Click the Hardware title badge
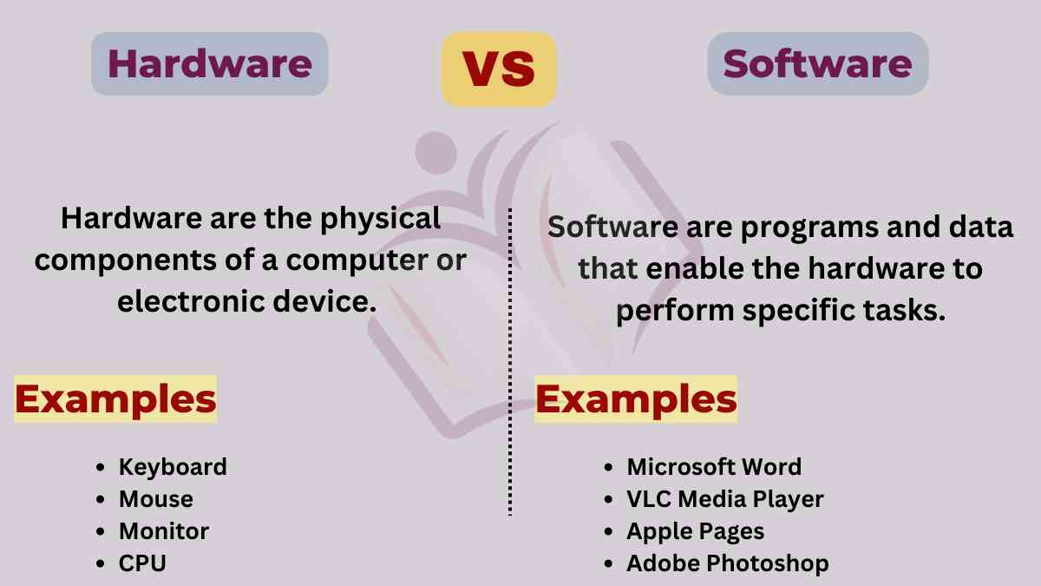click(209, 64)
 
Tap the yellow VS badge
click(498, 69)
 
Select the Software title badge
click(817, 64)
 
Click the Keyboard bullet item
click(173, 466)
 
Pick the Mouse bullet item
click(156, 499)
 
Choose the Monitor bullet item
click(164, 530)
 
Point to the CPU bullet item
click(142, 563)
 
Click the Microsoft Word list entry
click(714, 466)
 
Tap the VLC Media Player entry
click(725, 499)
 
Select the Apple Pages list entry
click(696, 530)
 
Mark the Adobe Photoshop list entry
click(728, 563)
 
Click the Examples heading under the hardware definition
click(115, 399)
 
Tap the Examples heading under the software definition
click(636, 399)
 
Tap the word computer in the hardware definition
click(355, 260)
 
